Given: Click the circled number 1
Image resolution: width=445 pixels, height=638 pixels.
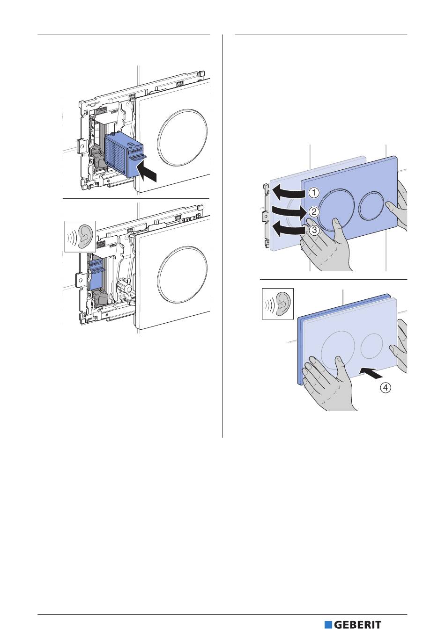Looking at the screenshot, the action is (x=313, y=192).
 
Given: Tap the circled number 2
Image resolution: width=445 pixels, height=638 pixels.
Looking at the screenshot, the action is (x=314, y=211).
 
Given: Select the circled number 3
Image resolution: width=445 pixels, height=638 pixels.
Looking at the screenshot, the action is (x=314, y=230).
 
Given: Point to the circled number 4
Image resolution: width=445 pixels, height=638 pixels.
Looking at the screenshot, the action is (x=385, y=387).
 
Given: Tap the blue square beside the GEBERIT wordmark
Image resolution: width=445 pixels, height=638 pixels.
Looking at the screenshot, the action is (x=328, y=625).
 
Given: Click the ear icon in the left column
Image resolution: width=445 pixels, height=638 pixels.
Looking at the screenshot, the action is (x=80, y=236).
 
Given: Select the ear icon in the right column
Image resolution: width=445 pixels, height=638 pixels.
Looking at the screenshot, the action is (x=278, y=304).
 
